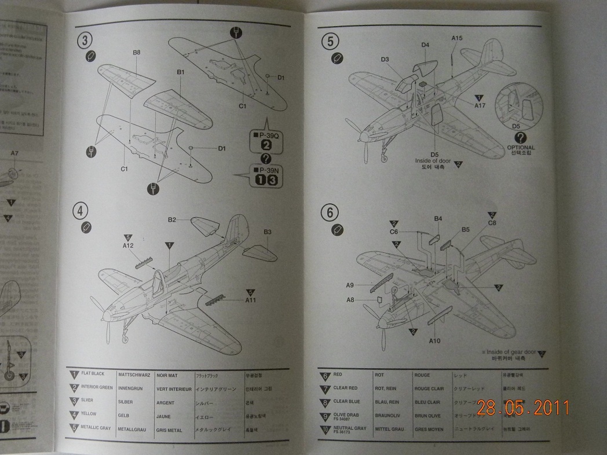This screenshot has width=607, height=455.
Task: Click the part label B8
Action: [x=137, y=53]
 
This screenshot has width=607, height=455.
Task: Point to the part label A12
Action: [x=128, y=245]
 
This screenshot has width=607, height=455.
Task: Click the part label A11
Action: [x=251, y=300]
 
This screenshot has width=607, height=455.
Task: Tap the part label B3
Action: [x=268, y=232]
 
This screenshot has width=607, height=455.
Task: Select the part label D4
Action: [x=425, y=45]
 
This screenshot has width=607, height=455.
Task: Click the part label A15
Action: [x=457, y=38]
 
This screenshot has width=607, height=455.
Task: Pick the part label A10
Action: [x=434, y=340]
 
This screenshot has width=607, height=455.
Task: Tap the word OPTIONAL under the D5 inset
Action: [x=521, y=148]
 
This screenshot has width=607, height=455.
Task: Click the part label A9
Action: [x=350, y=285]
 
